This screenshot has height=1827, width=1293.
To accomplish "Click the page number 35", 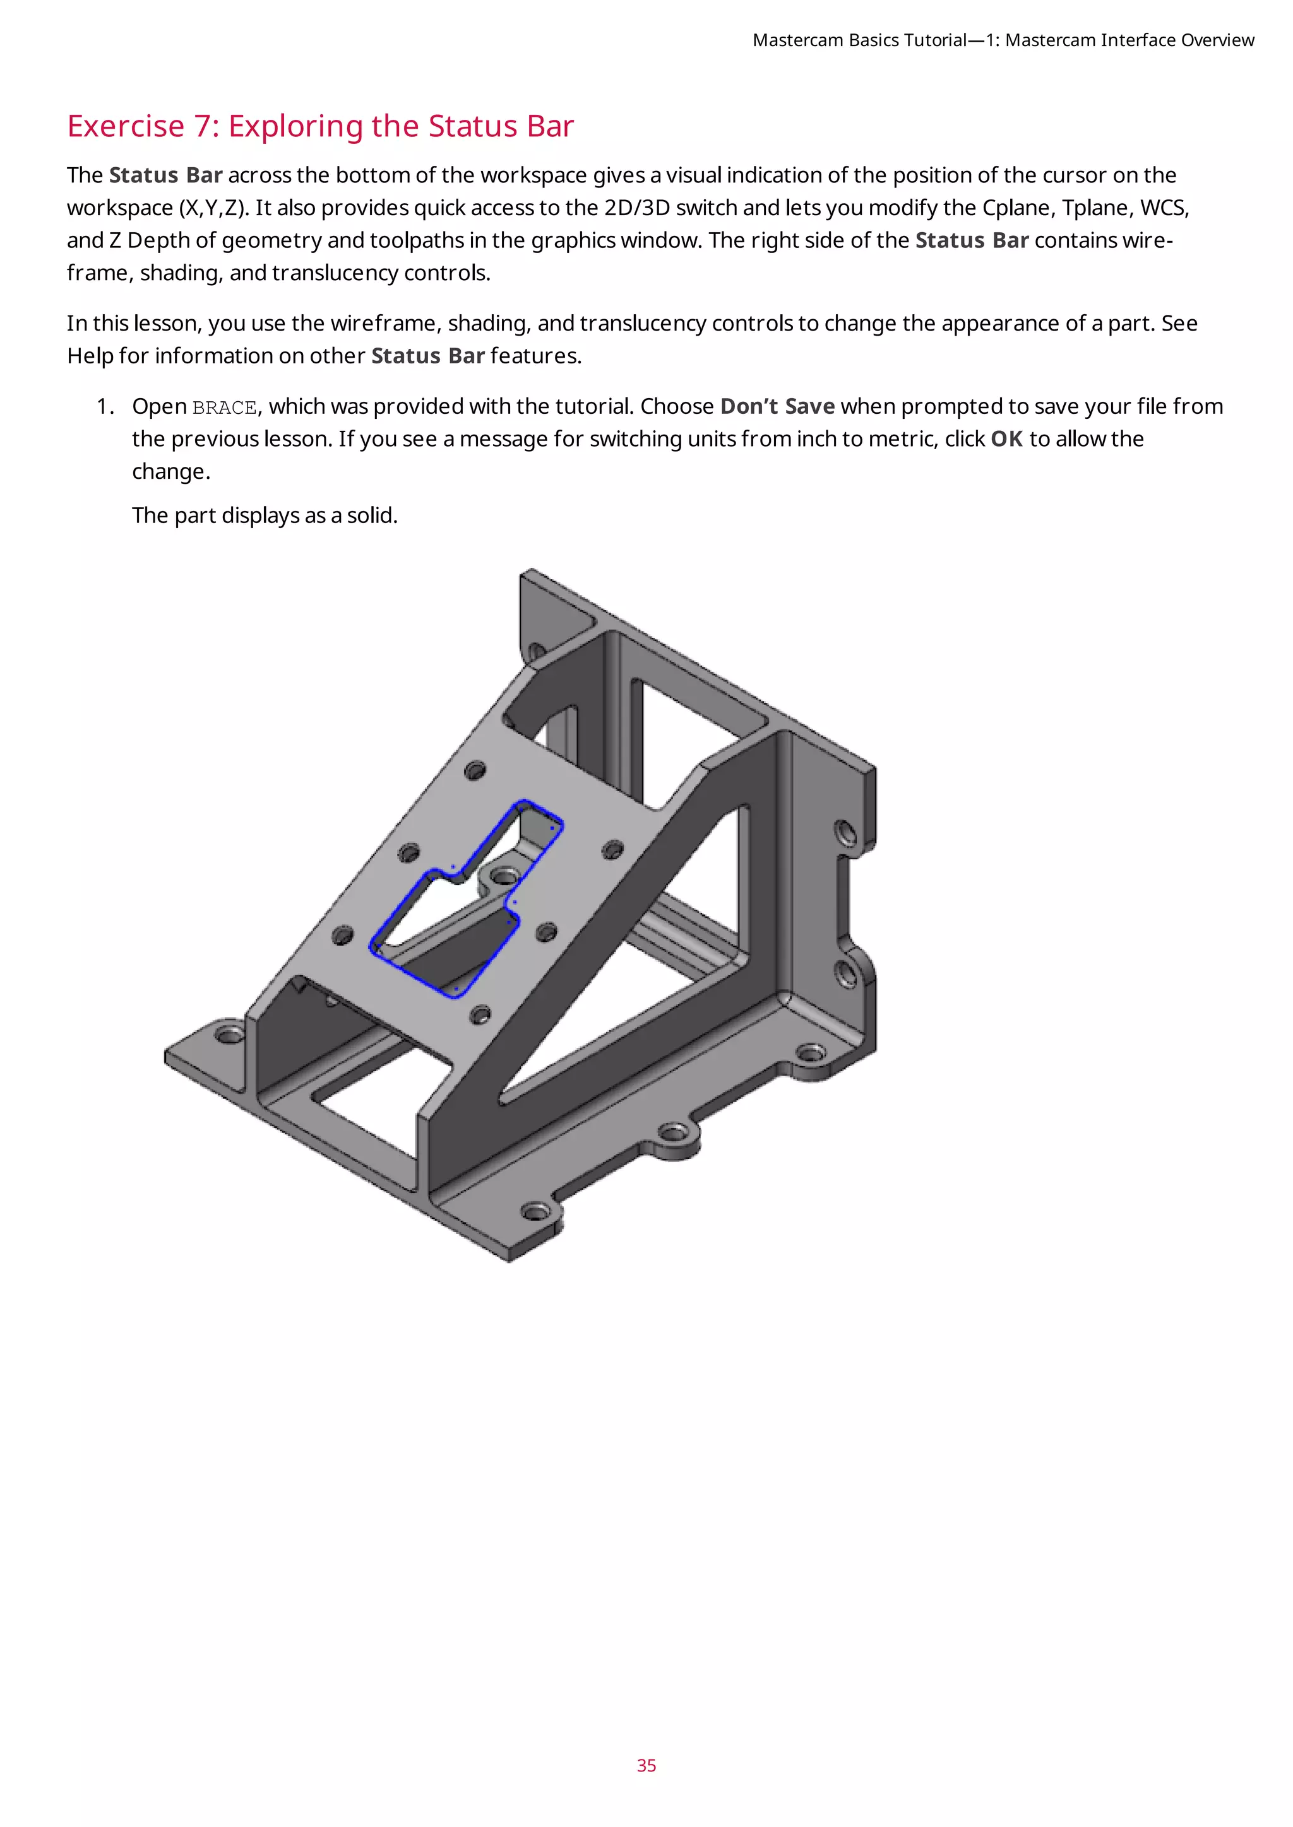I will pyautogui.click(x=646, y=1766).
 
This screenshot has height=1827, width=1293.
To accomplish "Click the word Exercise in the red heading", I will pyautogui.click(x=126, y=127).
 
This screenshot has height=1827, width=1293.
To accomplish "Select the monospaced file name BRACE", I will pyautogui.click(x=225, y=408).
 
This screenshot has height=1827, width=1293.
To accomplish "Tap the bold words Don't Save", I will pyautogui.click(x=777, y=407).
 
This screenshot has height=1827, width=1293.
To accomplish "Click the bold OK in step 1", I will pyautogui.click(x=1006, y=439).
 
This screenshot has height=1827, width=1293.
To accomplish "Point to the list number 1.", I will pyautogui.click(x=104, y=407).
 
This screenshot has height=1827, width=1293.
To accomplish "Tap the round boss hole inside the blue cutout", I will pyautogui.click(x=503, y=877).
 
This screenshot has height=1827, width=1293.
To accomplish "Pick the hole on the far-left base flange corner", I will pyautogui.click(x=231, y=1035).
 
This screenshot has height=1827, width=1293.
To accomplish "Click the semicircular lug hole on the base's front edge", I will pyautogui.click(x=674, y=1132).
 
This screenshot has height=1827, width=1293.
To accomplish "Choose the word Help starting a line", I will pyautogui.click(x=89, y=356).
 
